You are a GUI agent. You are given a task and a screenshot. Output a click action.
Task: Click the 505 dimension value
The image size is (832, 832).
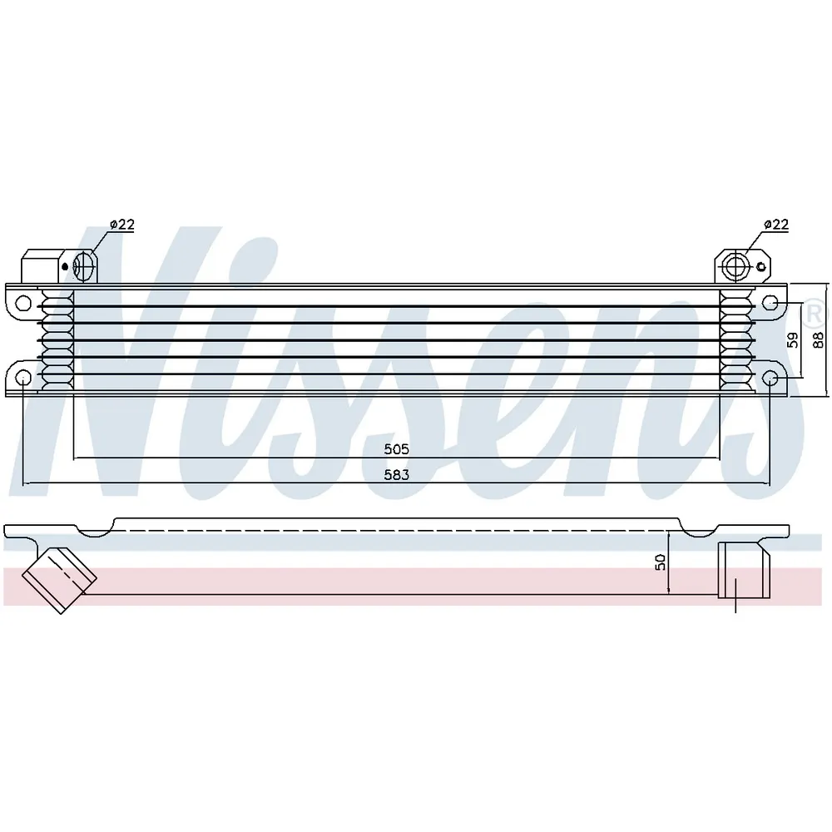coord(396,449)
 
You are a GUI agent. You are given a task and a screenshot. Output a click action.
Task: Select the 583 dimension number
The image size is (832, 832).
coord(396,475)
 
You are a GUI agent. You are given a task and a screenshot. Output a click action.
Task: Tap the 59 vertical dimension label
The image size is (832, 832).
coord(792,339)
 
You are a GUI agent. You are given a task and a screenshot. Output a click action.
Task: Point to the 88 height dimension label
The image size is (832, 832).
coord(818,339)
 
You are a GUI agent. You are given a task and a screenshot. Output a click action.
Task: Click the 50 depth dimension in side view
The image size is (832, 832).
coord(660,562)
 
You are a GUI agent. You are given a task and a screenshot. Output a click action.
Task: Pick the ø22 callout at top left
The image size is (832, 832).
coord(122,225)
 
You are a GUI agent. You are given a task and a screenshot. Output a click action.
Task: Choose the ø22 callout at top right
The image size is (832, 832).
coord(776,225)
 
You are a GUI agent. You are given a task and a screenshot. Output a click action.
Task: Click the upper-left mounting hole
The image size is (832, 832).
coord(23,304)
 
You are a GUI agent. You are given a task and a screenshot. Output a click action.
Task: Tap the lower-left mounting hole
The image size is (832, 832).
coord(23,378)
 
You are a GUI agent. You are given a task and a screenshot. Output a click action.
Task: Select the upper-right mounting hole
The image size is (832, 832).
coord(770,304)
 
